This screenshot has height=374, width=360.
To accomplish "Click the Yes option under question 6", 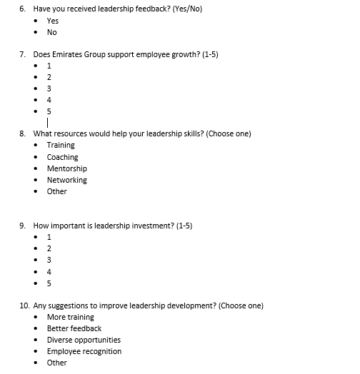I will point(53,21).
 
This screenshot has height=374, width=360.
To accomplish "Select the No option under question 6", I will point(51,32).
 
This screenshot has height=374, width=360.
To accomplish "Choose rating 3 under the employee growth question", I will point(49,89).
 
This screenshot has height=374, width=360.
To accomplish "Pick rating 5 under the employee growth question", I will point(49,111).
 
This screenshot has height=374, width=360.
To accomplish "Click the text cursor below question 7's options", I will point(47,123).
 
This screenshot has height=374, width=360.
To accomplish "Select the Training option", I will point(61,145).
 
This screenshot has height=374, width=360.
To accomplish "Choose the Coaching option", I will point(62,157).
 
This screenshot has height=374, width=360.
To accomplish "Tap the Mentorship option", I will point(66,168).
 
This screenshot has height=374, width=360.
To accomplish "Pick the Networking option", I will point(66,180).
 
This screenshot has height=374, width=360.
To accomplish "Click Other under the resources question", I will point(56,191).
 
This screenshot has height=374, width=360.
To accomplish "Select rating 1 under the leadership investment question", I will point(49,237).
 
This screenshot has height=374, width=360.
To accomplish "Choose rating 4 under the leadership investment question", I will point(49,271).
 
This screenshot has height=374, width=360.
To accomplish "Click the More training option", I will point(70,317).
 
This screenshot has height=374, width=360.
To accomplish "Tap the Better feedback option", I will point(74,328).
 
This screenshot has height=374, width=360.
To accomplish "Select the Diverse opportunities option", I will point(84,340).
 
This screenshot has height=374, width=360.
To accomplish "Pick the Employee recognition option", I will point(84,351).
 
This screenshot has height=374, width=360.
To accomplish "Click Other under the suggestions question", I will point(56,363).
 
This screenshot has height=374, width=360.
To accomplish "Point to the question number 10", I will point(24,305).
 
